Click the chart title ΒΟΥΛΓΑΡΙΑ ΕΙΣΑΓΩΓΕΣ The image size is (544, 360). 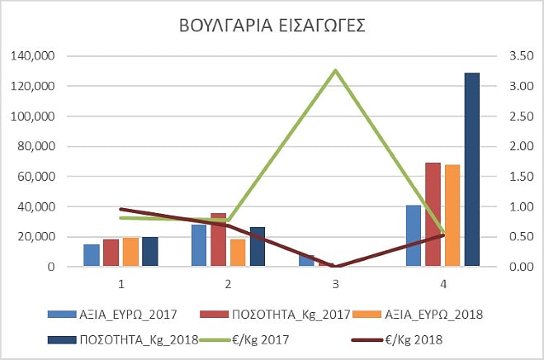pos(272,26)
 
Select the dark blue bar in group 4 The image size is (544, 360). pos(471,169)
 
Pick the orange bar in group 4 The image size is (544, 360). pos(452,216)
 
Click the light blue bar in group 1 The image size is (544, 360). pos(91,255)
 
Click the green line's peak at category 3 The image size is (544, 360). pos(335,70)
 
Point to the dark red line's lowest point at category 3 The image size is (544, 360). pos(335,267)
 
